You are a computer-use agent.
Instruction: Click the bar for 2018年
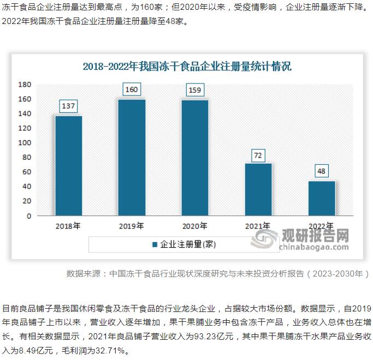[69, 165]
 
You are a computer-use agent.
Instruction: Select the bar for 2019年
[132, 157]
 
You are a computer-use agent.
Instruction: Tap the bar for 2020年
[195, 158]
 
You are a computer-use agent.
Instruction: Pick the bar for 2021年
[258, 189]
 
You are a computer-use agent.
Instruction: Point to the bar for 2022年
[321, 198]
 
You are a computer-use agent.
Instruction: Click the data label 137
[68, 106]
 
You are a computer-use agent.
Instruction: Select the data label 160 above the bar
[132, 89]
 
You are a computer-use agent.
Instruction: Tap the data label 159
[195, 90]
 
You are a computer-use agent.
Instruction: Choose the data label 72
[258, 155]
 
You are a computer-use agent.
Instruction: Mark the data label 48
[321, 171]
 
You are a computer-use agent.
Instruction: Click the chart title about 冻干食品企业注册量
[187, 67]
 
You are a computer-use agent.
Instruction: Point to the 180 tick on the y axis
[25, 85]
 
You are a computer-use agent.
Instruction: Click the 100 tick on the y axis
[25, 143]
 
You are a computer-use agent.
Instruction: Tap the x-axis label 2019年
[132, 226]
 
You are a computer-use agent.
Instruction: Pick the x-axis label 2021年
[258, 226]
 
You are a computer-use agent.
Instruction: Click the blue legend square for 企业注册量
[155, 244]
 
